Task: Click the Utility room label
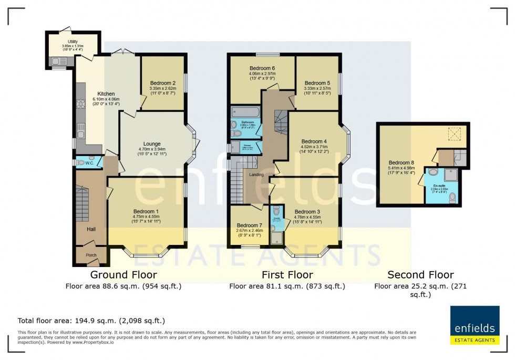click(72, 42)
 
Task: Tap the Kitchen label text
click(106, 94)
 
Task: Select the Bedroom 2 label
click(162, 83)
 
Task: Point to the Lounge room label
click(152, 143)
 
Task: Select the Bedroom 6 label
click(262, 68)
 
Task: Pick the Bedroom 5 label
click(317, 83)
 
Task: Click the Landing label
click(256, 174)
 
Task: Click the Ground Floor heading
click(123, 274)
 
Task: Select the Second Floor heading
click(420, 274)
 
